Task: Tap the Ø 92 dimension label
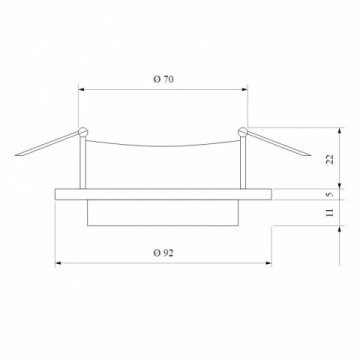pos(162,254)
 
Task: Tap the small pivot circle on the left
pos(83,131)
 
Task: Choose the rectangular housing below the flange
pos(162,211)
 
